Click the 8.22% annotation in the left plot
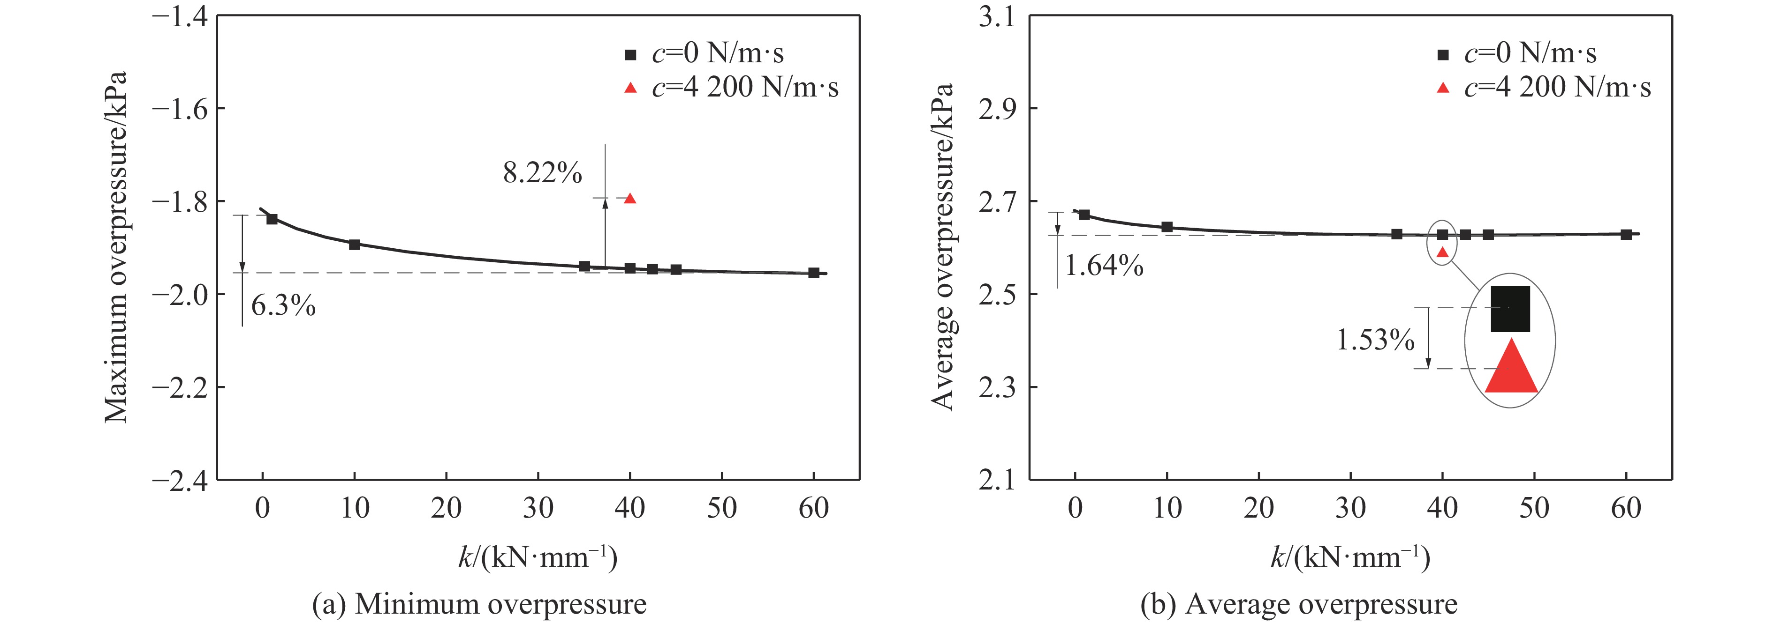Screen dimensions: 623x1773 coord(542,172)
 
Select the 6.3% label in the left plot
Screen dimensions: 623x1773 coord(283,305)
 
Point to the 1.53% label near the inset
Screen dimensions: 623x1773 coord(1374,340)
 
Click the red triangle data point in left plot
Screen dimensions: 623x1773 coord(630,199)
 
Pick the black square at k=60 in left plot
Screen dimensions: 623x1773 coord(813,273)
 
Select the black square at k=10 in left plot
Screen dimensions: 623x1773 coord(355,244)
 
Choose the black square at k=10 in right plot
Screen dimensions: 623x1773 coord(1167,227)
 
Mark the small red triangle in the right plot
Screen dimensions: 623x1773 coord(1443,252)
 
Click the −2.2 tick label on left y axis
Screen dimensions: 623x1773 coord(180,387)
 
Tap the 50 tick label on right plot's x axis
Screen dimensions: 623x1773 coord(1534,508)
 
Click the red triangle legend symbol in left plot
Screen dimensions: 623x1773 coord(630,87)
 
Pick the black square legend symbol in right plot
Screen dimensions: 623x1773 coord(1443,54)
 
